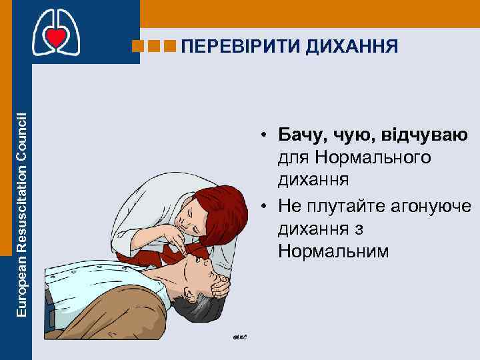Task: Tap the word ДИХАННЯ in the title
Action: (355, 46)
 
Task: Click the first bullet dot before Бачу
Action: (265, 137)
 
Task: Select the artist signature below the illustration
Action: (240, 337)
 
